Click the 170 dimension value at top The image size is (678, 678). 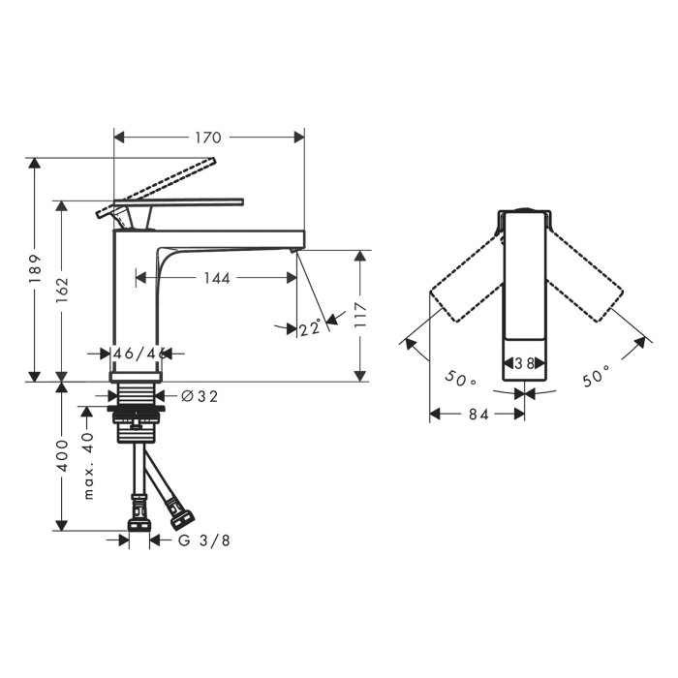pos(208,138)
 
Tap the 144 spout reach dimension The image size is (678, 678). pos(217,278)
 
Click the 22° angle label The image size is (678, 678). pos(310,328)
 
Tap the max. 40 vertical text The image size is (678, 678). pos(88,465)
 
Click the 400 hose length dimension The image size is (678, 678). pos(62,455)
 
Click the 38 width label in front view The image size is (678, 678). pos(524,365)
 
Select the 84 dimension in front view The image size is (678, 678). pos(477,415)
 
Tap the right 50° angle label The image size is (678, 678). pos(596,376)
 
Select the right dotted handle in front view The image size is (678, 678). pos(585,284)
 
